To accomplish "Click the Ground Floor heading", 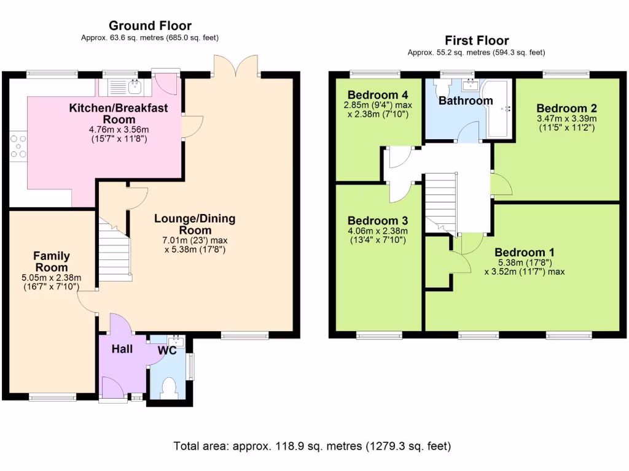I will [150, 25].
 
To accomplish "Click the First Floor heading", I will [477, 40].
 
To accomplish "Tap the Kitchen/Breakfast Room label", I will [119, 113].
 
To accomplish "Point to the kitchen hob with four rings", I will [17, 147].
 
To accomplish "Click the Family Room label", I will [52, 262].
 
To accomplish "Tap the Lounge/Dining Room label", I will [194, 224].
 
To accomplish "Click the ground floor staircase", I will [115, 251].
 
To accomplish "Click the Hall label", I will [122, 349].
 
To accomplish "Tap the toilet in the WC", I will [168, 388].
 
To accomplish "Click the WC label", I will [168, 350].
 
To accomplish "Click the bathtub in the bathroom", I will [500, 109].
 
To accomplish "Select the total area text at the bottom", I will [313, 445].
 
